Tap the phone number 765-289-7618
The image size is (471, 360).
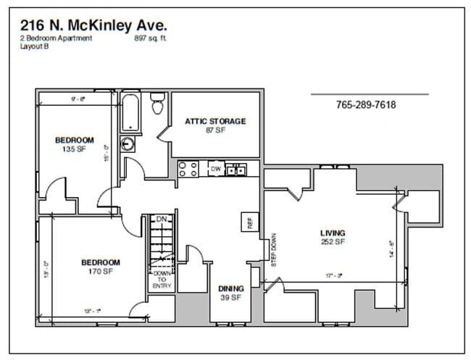point(366,105)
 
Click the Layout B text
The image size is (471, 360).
point(35,46)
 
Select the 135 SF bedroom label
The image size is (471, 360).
point(75,144)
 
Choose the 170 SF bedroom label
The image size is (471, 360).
point(99,267)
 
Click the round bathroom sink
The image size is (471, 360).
point(128,143)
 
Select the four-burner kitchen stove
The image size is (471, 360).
point(188,169)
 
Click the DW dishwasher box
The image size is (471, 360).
point(215,169)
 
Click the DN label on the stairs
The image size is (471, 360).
point(162,219)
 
